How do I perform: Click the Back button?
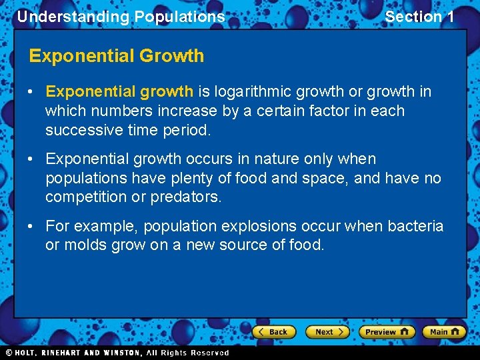click(273, 331)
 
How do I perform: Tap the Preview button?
click(386, 331)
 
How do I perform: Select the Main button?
click(443, 331)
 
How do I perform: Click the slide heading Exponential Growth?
click(117, 56)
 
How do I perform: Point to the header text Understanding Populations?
click(121, 17)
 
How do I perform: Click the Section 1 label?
click(419, 17)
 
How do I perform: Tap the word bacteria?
click(418, 227)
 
